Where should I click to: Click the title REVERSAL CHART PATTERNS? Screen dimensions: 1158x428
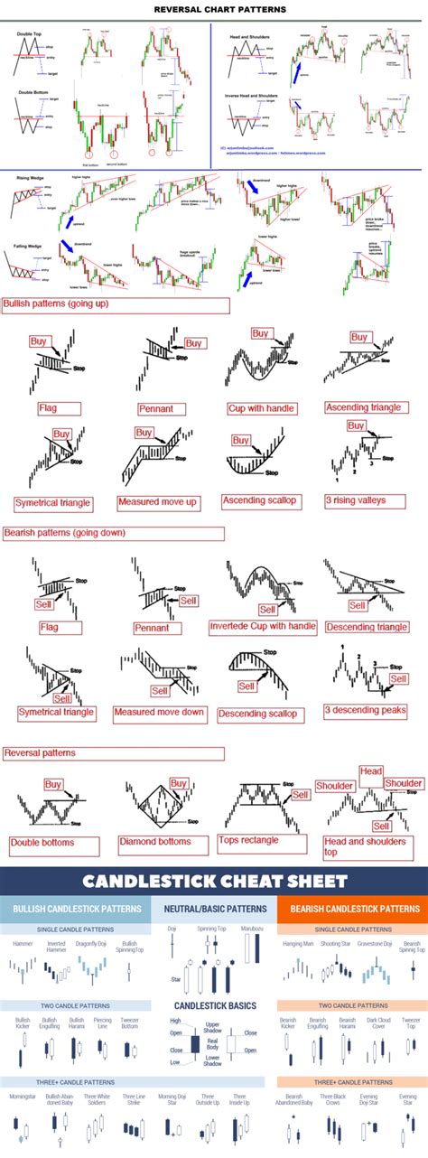(214, 9)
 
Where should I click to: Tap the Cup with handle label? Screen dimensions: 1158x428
(261, 408)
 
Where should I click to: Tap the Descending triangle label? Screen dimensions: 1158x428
(366, 627)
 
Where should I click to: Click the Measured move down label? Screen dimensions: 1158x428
(159, 713)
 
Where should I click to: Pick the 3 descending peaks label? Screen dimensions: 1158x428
(366, 712)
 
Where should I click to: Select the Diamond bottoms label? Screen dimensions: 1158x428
(155, 841)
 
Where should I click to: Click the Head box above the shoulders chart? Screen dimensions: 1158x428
(371, 771)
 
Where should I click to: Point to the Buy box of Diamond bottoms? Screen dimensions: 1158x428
(179, 783)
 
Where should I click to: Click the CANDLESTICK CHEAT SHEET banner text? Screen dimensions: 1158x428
(215, 881)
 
